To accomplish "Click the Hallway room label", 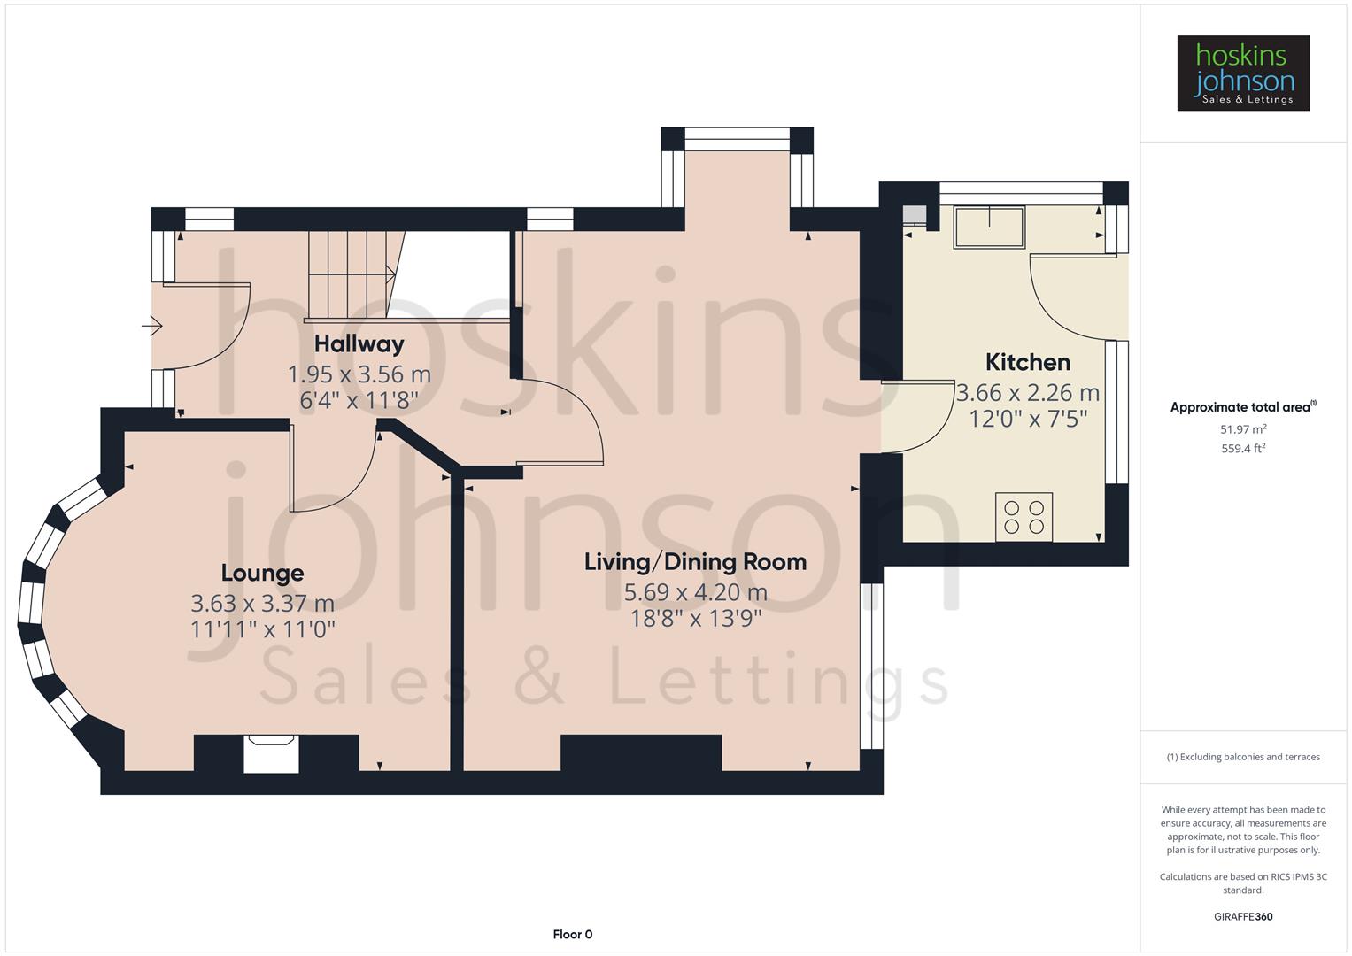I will (359, 343).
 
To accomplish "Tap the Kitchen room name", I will (1027, 362).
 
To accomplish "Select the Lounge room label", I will (262, 573).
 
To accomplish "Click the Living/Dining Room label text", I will (695, 562).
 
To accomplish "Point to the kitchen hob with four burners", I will (1024, 517).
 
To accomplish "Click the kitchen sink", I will (988, 227).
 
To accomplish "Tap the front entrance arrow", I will (152, 327).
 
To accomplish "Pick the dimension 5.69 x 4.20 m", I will (695, 592).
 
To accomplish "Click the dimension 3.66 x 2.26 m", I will (1027, 392).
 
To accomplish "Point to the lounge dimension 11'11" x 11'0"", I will (262, 629).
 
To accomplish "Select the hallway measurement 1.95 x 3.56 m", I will (359, 374).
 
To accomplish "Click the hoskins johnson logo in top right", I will (1242, 73).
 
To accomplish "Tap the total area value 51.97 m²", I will (1242, 429).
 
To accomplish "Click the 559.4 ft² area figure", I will (1242, 449).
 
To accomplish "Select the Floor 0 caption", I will (572, 934).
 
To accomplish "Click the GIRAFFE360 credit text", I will (1242, 916).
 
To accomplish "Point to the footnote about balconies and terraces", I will (1242, 757).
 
